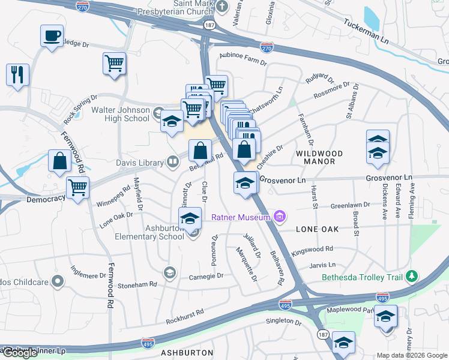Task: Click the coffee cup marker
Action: (52, 35)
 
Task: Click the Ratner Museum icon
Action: (278, 216)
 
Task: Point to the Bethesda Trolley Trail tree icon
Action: (411, 277)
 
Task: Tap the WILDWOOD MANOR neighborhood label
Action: (319, 158)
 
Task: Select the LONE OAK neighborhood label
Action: (318, 229)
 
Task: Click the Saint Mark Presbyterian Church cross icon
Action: (222, 7)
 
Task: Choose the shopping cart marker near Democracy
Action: (78, 188)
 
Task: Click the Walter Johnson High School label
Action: (120, 114)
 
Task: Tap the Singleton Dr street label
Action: (283, 322)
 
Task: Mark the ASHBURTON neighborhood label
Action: (187, 353)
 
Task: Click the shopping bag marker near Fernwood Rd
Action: (60, 161)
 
